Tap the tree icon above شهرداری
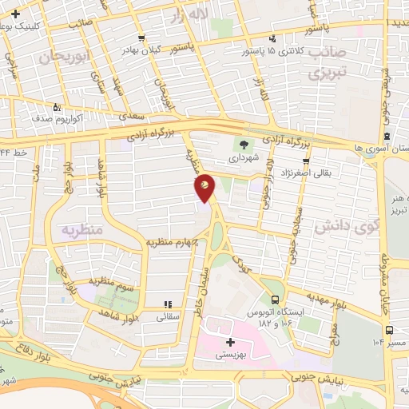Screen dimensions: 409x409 pyautogui.click(x=241, y=145)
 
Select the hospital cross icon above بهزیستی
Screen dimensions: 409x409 pyautogui.click(x=231, y=342)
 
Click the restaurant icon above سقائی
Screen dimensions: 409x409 pyautogui.click(x=168, y=304)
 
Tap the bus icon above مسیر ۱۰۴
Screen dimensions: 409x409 pyautogui.click(x=389, y=329)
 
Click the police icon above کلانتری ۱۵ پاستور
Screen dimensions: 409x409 pyautogui.click(x=273, y=38)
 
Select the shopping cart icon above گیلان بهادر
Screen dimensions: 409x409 pyautogui.click(x=141, y=38)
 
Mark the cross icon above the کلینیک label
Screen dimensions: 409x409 pyautogui.click(x=16, y=14)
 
